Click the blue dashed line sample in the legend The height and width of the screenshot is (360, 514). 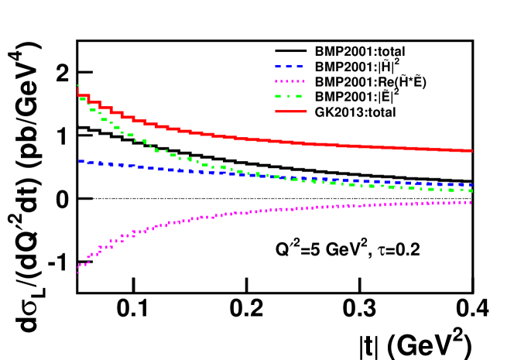pos(289,67)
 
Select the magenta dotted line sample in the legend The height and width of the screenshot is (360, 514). pos(290,81)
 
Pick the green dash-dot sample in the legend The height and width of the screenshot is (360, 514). pos(289,97)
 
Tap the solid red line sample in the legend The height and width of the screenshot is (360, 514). pos(291,111)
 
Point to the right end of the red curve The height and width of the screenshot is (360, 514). pos(471,150)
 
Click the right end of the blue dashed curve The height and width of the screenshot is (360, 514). pos(471,185)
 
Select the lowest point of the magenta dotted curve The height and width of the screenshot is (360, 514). pos(77,273)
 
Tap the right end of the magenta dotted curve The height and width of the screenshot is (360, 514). pos(471,202)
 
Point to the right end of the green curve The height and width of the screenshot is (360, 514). pos(471,190)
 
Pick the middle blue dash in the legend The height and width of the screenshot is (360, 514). pos(289,67)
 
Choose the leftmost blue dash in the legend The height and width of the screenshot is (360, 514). pos(278,67)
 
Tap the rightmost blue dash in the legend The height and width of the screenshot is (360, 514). pos(300,67)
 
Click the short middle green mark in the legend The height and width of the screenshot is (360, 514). pos(289,97)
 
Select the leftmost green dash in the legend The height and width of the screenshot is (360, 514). pos(278,97)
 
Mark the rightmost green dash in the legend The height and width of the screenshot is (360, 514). pos(299,97)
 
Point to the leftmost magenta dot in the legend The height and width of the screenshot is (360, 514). pos(276,81)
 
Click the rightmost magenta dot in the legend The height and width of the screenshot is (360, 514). pos(303,81)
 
